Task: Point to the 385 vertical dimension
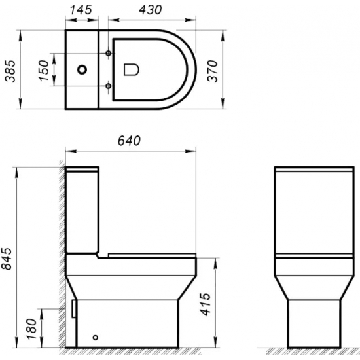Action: pos(9,68)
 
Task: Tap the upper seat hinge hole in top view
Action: pos(107,52)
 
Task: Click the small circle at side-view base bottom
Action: pos(96,338)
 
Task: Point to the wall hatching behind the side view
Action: pos(60,262)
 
